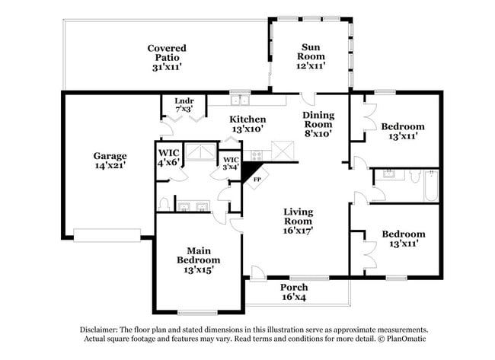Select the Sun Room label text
point(310,56)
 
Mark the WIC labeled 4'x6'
point(168,157)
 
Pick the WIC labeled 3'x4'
point(230,162)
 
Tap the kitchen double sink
point(241,99)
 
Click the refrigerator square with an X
point(284,150)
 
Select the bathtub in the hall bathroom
point(430,185)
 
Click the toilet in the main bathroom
point(163,203)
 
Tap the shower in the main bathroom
point(200,152)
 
